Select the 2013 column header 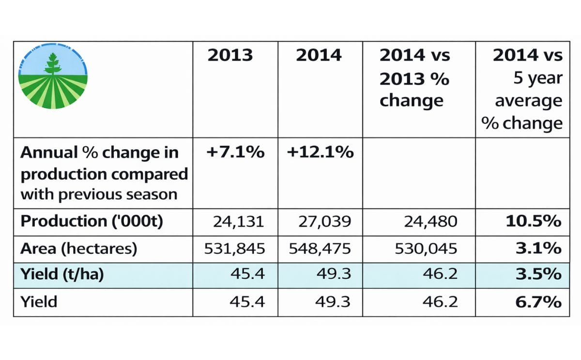pos(230,55)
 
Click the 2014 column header pos(319,55)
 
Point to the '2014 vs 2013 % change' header pos(414,78)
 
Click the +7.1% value pos(235,152)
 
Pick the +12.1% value pos(320,152)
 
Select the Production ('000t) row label pos(92,221)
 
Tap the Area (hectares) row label pos(79,249)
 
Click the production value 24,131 pos(239,221)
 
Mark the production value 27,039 pos(323,221)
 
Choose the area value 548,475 pos(320,249)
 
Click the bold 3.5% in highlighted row pos(544,275)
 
